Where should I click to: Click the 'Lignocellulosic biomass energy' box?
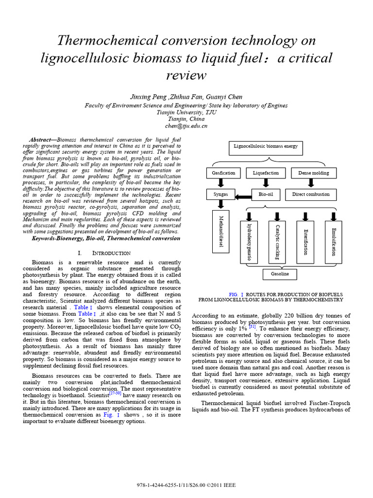click(266, 146)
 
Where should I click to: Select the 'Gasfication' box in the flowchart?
click(223, 173)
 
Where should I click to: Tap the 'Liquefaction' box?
click(266, 173)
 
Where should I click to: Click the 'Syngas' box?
click(220, 195)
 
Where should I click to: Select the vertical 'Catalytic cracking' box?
click(277, 242)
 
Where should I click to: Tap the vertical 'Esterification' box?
click(305, 242)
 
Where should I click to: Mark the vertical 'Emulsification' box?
click(333, 242)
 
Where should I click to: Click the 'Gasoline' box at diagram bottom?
click(276, 274)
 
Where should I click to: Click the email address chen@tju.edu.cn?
click(186, 125)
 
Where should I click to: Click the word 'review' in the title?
click(186, 76)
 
